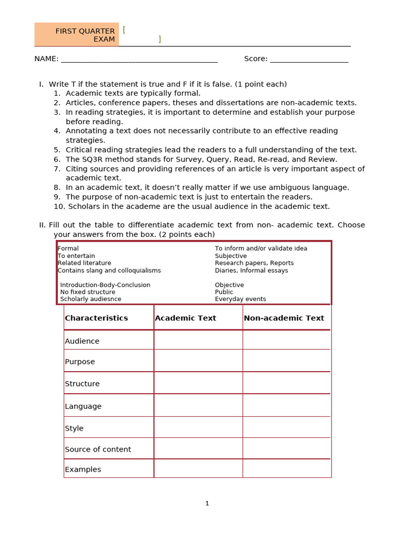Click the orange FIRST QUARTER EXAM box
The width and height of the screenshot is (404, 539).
tap(77, 35)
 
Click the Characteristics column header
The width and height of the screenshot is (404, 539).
tap(96, 318)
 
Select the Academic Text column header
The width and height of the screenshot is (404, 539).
tap(185, 318)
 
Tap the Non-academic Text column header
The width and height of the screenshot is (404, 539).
tap(284, 318)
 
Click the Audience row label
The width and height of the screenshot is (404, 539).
tap(82, 341)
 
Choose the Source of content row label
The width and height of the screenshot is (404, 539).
tap(98, 449)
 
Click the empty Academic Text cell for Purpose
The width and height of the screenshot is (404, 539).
tap(198, 361)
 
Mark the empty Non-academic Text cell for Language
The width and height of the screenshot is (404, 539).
tap(287, 405)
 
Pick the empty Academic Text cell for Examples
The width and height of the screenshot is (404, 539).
tap(198, 468)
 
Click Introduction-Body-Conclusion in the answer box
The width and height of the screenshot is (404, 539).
tap(105, 285)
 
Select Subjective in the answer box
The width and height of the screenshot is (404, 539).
tap(230, 256)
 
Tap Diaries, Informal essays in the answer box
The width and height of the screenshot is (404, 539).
tap(251, 271)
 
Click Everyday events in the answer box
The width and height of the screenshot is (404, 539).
tap(240, 299)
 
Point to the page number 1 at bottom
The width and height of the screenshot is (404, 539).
tap(207, 503)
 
